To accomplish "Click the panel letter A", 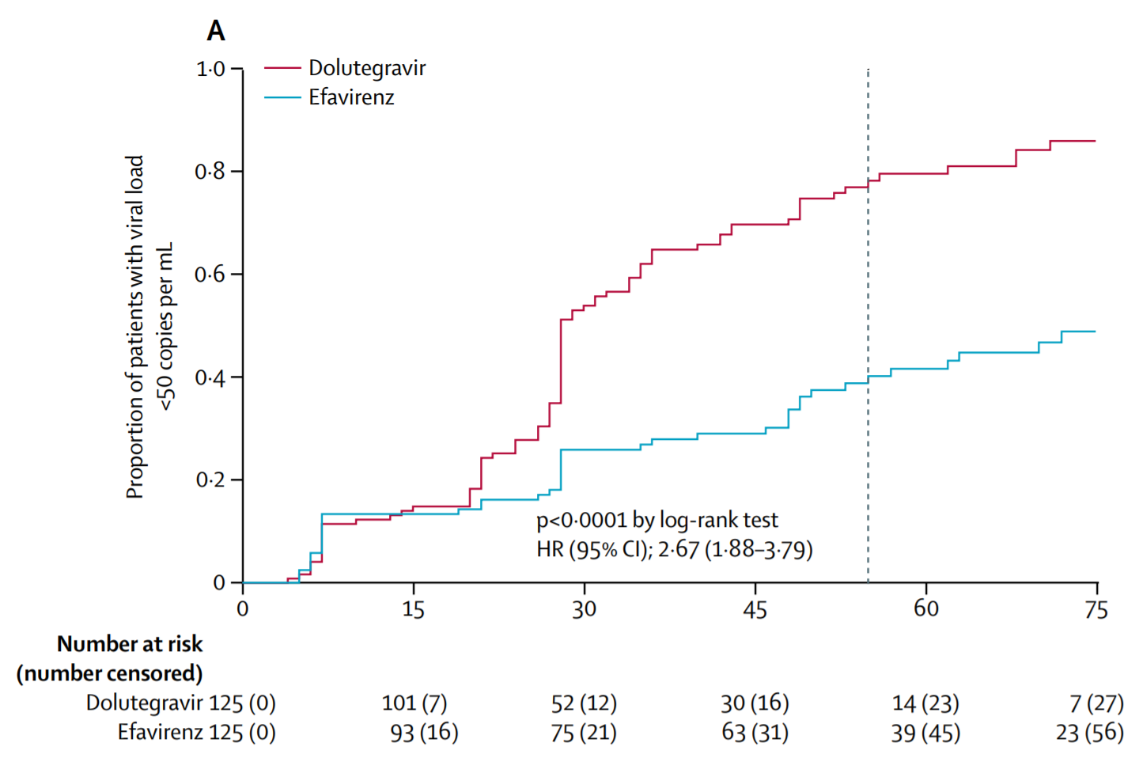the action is pos(216,31).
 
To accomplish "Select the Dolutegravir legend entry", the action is pos(345,67).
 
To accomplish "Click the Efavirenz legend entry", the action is pos(329,97).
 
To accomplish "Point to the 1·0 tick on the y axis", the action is pos(210,69).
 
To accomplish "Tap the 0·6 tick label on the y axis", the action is pos(210,274).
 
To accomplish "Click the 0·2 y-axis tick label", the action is pos(210,479).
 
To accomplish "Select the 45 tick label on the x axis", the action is pos(755,609).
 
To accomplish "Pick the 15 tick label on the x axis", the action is pos(413,609).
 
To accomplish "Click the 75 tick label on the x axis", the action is pos(1096,609).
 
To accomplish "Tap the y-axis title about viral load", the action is pos(149,327).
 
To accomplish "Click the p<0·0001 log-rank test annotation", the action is pos(657,520).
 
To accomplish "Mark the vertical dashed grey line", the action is pos(868,325).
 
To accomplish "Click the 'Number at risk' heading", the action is pos(130,644).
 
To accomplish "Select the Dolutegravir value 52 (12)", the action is pos(584,703).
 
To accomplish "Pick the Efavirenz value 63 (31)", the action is pos(755,733).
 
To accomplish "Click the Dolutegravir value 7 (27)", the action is pos(1096,703).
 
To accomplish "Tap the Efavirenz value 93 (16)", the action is pos(424,733).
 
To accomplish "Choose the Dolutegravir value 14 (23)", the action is pos(925,703).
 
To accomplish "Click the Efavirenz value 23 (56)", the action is pos(1090,733).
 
